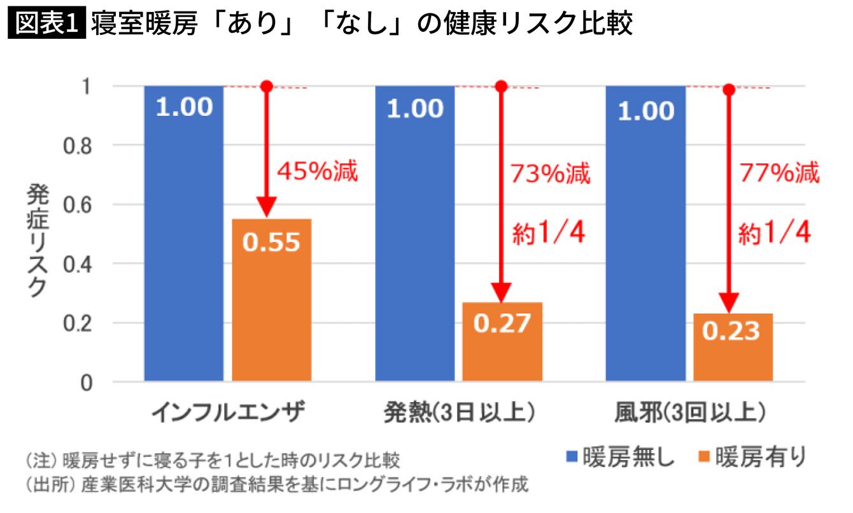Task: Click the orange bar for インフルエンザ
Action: [271, 299]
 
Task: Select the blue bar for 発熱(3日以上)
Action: [414, 242]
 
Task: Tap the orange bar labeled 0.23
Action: [733, 347]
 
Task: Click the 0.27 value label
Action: [502, 323]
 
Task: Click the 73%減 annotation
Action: [550, 174]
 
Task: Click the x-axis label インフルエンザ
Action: [229, 414]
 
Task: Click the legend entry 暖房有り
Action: [752, 458]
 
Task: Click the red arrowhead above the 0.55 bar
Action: [267, 207]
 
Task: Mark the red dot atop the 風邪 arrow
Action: [730, 90]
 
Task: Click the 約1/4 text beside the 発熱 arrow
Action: [549, 234]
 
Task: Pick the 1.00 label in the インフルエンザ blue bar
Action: [184, 107]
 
